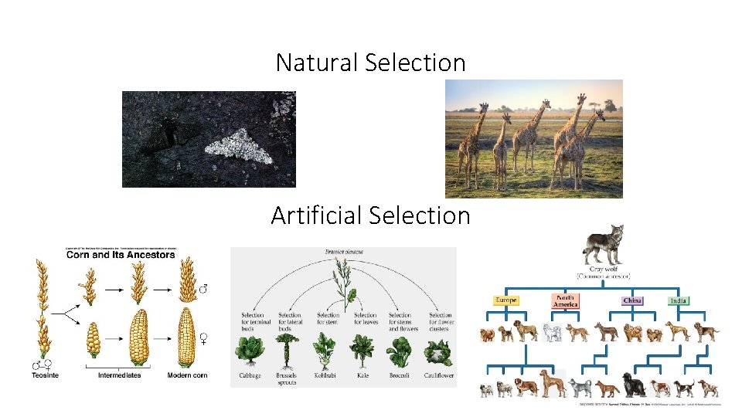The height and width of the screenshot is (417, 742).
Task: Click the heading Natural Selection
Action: [370, 63]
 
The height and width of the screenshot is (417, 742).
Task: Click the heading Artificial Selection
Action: [370, 215]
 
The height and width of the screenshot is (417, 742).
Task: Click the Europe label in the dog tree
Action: [507, 300]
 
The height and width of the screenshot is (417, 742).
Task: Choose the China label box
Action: [632, 300]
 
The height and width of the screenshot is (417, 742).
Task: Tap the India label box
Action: [679, 300]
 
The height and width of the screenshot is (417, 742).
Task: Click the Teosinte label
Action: [46, 375]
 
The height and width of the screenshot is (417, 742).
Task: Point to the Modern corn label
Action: [187, 375]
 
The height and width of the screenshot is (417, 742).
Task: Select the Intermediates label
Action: [119, 375]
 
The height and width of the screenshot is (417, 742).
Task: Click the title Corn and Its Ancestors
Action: [120, 255]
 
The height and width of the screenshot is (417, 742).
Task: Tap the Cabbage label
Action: [250, 375]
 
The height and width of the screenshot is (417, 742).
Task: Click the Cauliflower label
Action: [439, 375]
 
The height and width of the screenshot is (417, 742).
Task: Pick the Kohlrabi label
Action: [325, 375]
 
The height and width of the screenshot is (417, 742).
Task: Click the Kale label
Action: [362, 375]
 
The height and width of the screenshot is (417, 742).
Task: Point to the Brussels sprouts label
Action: [288, 378]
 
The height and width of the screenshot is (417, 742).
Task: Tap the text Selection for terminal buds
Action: [253, 321]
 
